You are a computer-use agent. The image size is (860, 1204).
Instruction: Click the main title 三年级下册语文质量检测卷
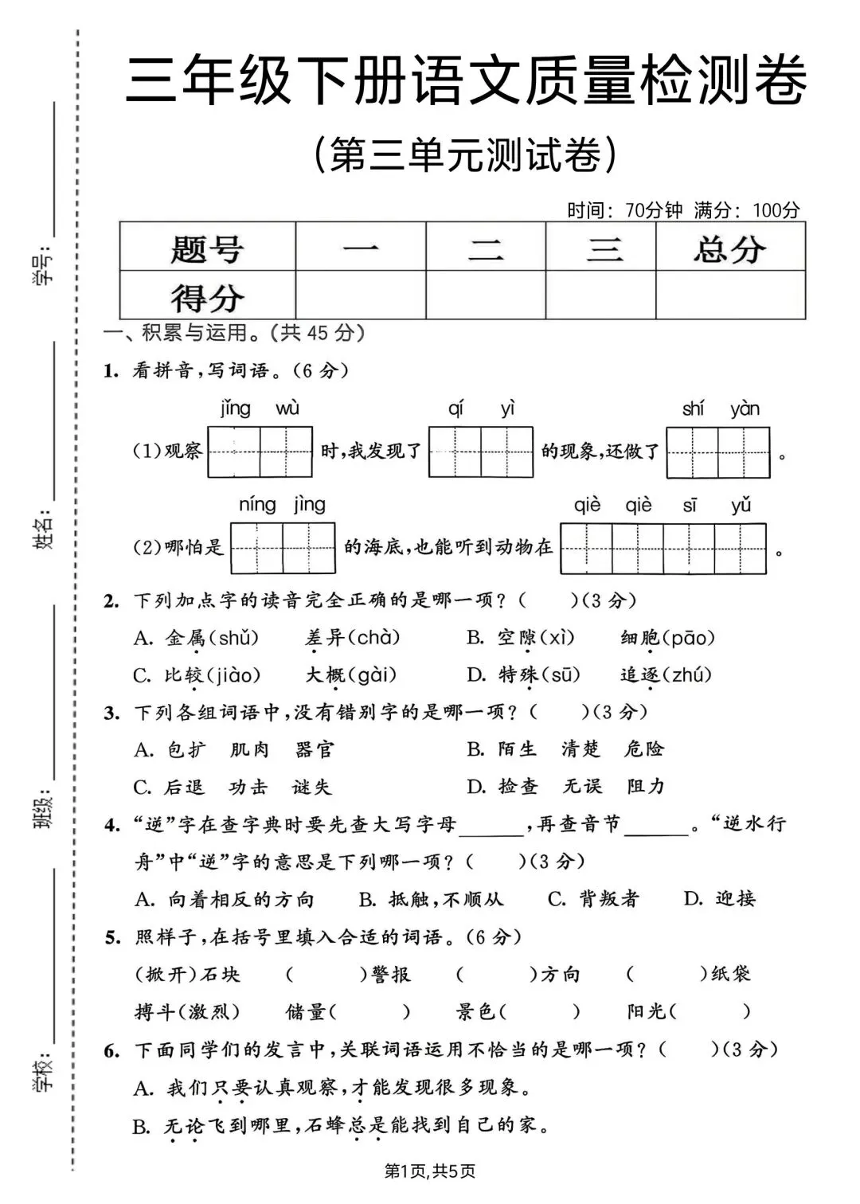(466, 80)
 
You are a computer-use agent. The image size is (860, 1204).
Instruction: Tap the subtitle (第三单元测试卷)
(466, 154)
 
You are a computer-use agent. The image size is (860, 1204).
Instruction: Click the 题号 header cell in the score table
(207, 248)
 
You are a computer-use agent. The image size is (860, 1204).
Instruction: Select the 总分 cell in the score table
(729, 248)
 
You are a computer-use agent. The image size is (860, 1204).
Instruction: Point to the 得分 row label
(207, 297)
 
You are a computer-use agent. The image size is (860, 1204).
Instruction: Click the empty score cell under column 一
(360, 295)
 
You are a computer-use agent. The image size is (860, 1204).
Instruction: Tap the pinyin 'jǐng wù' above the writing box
(260, 409)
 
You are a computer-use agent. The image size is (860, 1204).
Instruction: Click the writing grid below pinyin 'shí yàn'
(717, 452)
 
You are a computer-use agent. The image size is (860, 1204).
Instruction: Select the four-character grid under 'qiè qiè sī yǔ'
(663, 549)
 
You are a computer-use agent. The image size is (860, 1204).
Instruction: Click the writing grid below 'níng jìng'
(283, 548)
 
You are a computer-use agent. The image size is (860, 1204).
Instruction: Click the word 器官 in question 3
(315, 749)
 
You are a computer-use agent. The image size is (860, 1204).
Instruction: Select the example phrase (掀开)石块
(188, 974)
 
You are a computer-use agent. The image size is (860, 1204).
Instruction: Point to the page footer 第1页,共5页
(430, 1171)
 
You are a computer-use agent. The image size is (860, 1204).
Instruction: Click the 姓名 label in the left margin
(45, 529)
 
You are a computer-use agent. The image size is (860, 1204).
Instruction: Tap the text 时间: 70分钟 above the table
(625, 210)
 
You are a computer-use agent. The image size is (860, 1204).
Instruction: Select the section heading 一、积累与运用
(191, 333)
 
